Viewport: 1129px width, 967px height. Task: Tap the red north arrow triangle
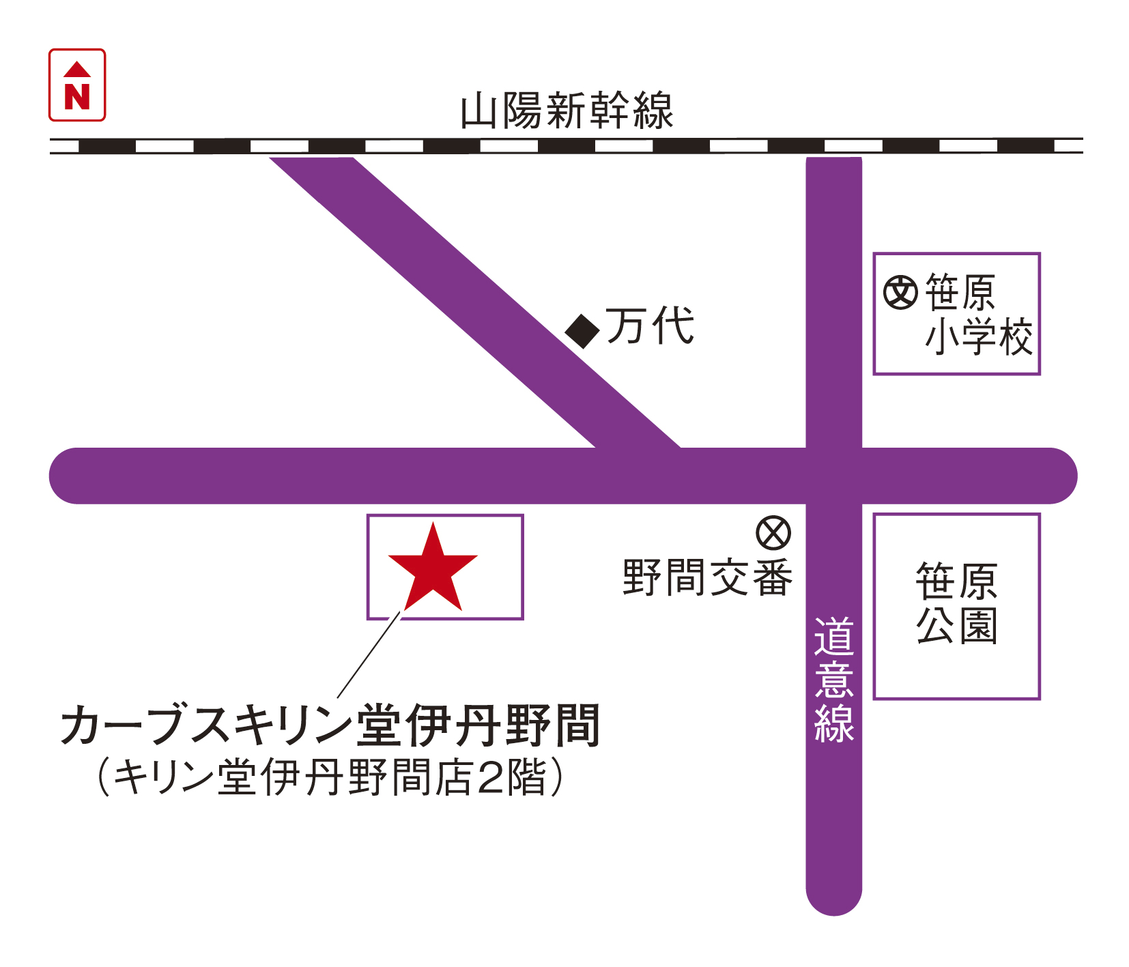pyautogui.click(x=77, y=69)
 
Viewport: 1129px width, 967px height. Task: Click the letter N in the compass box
pyautogui.click(x=77, y=96)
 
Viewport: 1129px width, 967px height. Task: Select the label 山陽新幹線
pyautogui.click(x=567, y=111)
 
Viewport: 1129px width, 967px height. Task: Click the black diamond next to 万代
pyautogui.click(x=582, y=331)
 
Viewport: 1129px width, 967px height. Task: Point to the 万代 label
pyautogui.click(x=650, y=326)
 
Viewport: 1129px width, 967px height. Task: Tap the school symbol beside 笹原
pyautogui.click(x=900, y=292)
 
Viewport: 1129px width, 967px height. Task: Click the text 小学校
pyautogui.click(x=979, y=336)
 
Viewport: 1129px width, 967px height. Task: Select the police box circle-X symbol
pyautogui.click(x=773, y=532)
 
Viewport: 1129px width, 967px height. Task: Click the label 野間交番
pyautogui.click(x=707, y=578)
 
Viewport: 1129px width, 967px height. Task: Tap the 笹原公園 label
pyautogui.click(x=956, y=604)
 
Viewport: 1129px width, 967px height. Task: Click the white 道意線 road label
pyautogui.click(x=833, y=680)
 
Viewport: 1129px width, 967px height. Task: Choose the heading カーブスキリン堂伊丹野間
pyautogui.click(x=330, y=725)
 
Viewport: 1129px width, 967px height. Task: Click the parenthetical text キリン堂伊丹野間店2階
pyautogui.click(x=330, y=777)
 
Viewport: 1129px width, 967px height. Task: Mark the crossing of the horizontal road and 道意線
pyautogui.click(x=833, y=476)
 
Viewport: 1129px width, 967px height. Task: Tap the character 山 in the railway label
pyautogui.click(x=478, y=112)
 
